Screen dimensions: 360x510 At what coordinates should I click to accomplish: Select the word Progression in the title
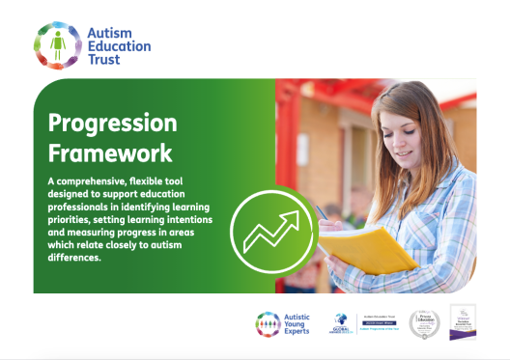(x=113, y=124)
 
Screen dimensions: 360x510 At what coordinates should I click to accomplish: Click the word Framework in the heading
(x=110, y=152)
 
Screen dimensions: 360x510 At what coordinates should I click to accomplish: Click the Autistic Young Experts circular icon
(x=269, y=325)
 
